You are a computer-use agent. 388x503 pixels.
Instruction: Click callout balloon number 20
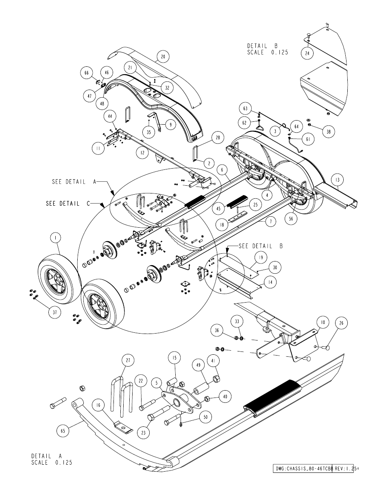(x=163, y=57)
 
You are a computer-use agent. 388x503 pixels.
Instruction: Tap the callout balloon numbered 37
(x=55, y=312)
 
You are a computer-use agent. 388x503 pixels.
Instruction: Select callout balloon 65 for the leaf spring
(x=63, y=431)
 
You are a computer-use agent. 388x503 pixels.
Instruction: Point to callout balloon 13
(x=338, y=180)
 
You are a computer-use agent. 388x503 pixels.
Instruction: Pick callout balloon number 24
(x=307, y=53)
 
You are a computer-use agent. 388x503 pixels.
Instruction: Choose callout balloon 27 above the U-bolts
(x=128, y=360)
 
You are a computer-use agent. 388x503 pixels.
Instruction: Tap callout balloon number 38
(x=328, y=132)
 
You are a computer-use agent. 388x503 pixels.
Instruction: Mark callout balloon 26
(x=342, y=323)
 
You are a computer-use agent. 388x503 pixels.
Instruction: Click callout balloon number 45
(x=218, y=209)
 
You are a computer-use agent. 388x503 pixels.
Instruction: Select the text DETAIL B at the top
(x=262, y=46)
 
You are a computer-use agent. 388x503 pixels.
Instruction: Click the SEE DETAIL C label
(x=68, y=204)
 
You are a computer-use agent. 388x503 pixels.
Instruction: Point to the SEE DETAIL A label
(x=74, y=182)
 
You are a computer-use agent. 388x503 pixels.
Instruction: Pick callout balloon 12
(x=142, y=153)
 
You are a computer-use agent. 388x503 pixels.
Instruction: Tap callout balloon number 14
(x=270, y=282)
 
